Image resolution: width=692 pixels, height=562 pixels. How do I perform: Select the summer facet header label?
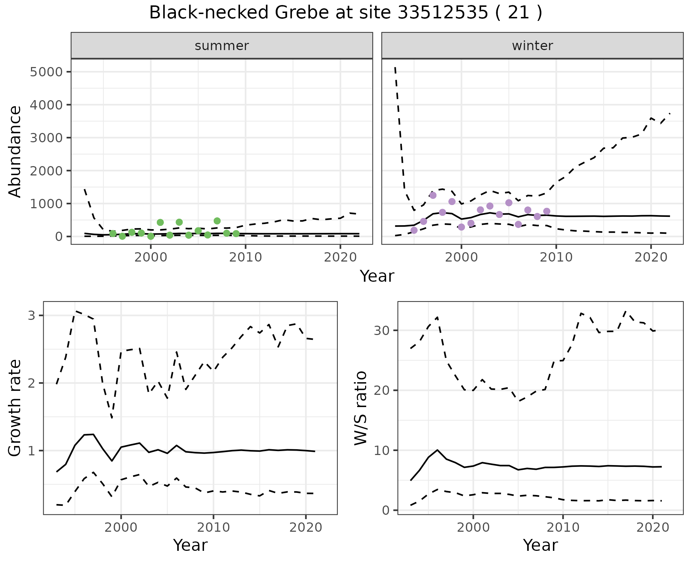(x=222, y=46)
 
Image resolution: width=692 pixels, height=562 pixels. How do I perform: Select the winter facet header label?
(x=532, y=46)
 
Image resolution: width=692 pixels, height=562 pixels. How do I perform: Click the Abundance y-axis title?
(x=15, y=151)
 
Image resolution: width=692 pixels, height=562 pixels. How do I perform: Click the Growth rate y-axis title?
(x=15, y=408)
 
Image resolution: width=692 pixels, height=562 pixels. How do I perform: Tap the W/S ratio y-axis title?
(x=360, y=408)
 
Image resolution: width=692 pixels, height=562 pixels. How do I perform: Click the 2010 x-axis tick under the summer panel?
(x=245, y=257)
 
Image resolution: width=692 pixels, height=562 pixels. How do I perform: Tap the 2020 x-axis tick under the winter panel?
(x=651, y=257)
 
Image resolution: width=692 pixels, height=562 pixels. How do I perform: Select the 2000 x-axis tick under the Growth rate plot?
(x=121, y=528)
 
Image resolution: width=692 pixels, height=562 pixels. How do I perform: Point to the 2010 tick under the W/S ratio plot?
(x=563, y=528)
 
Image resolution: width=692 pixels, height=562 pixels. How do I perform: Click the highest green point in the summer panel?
(x=217, y=221)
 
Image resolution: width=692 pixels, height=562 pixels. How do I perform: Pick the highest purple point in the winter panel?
(x=433, y=195)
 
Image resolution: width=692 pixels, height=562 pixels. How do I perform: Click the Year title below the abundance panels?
(x=377, y=276)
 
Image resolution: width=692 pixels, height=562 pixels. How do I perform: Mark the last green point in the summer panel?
(x=236, y=233)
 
